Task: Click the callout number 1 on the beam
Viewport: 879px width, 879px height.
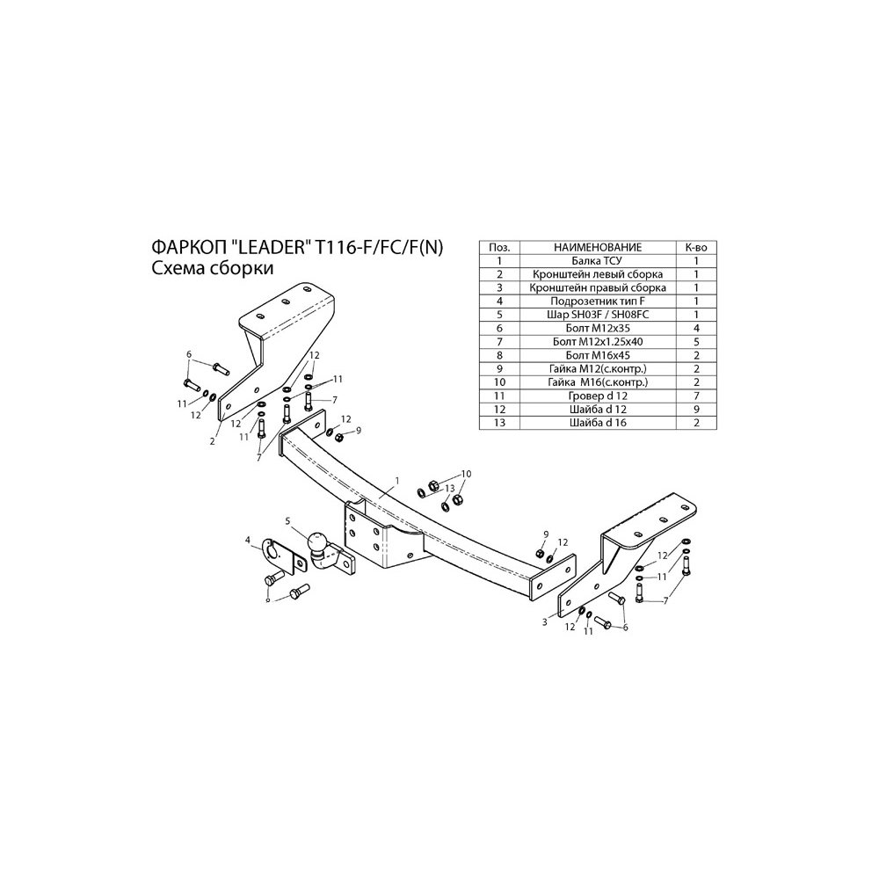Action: pos(397,481)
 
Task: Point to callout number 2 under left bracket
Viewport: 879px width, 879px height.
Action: pos(213,441)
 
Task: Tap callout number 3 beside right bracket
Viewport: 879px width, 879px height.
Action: pos(544,622)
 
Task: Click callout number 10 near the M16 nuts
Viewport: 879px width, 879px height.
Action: pos(467,474)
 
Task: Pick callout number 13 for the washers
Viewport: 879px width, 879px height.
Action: pos(449,488)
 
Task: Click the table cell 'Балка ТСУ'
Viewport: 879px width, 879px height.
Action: pos(597,261)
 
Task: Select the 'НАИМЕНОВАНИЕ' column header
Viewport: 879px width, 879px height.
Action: pos(598,247)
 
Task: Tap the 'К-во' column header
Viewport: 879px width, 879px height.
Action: pos(696,247)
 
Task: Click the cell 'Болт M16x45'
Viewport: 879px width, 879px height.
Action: pos(598,355)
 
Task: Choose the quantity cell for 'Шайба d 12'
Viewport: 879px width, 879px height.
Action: pos(696,409)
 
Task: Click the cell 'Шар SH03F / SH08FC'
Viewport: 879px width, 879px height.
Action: pos(598,315)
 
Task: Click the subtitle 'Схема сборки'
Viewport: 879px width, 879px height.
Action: pos(213,268)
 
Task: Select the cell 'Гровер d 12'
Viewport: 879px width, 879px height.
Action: pos(598,396)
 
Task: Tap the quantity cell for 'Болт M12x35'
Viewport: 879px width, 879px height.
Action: pos(696,328)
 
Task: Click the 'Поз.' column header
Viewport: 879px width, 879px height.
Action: pos(499,247)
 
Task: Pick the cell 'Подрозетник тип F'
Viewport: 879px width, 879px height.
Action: pos(598,301)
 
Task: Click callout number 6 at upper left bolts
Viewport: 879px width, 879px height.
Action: pos(189,354)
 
